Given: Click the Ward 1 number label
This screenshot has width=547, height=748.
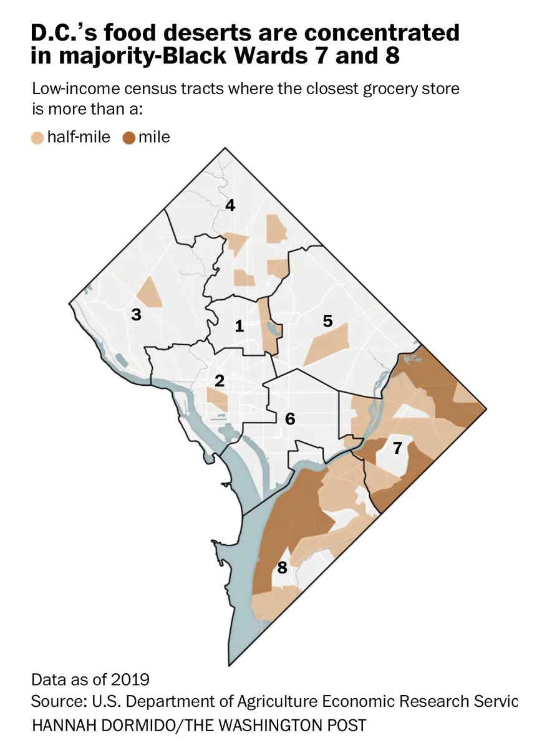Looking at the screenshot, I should [238, 326].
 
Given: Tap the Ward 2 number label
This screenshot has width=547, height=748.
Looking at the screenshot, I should [219, 380].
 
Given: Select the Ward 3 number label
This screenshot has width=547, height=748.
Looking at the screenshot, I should [135, 315].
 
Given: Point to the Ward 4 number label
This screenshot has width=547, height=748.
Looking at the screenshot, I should [230, 205].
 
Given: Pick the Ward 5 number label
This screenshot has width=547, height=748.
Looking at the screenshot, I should [327, 321].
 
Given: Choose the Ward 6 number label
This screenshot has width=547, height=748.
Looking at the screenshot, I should [290, 419].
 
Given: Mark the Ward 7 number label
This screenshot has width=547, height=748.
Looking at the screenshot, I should [397, 447].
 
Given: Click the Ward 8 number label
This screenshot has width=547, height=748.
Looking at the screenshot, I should [282, 568].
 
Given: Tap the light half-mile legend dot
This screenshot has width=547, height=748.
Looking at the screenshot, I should [38, 137].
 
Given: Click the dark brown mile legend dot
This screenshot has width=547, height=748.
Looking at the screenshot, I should [129, 137].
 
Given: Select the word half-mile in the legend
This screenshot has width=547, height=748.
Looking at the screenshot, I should [79, 137].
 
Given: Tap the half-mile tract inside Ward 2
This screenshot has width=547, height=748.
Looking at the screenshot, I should [218, 400].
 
